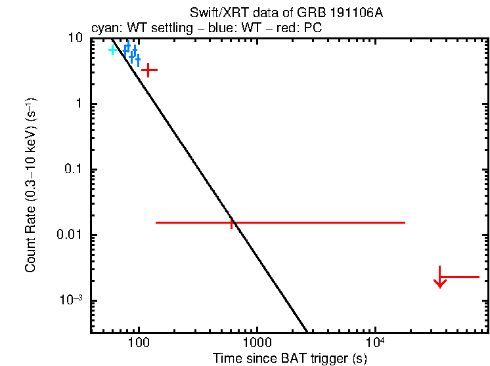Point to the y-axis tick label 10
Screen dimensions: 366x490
[x=76, y=39]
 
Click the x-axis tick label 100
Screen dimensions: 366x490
[x=138, y=342]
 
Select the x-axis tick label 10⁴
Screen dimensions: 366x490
[x=375, y=342]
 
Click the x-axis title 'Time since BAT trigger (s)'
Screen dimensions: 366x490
[x=290, y=358]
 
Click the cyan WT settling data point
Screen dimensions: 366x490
[x=112, y=50]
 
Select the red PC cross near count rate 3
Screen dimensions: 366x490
[x=149, y=69]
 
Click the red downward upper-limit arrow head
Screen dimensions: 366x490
[x=440, y=283]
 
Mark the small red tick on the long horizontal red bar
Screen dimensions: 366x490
[x=232, y=224]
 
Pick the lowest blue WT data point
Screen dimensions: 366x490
[x=137, y=60]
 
